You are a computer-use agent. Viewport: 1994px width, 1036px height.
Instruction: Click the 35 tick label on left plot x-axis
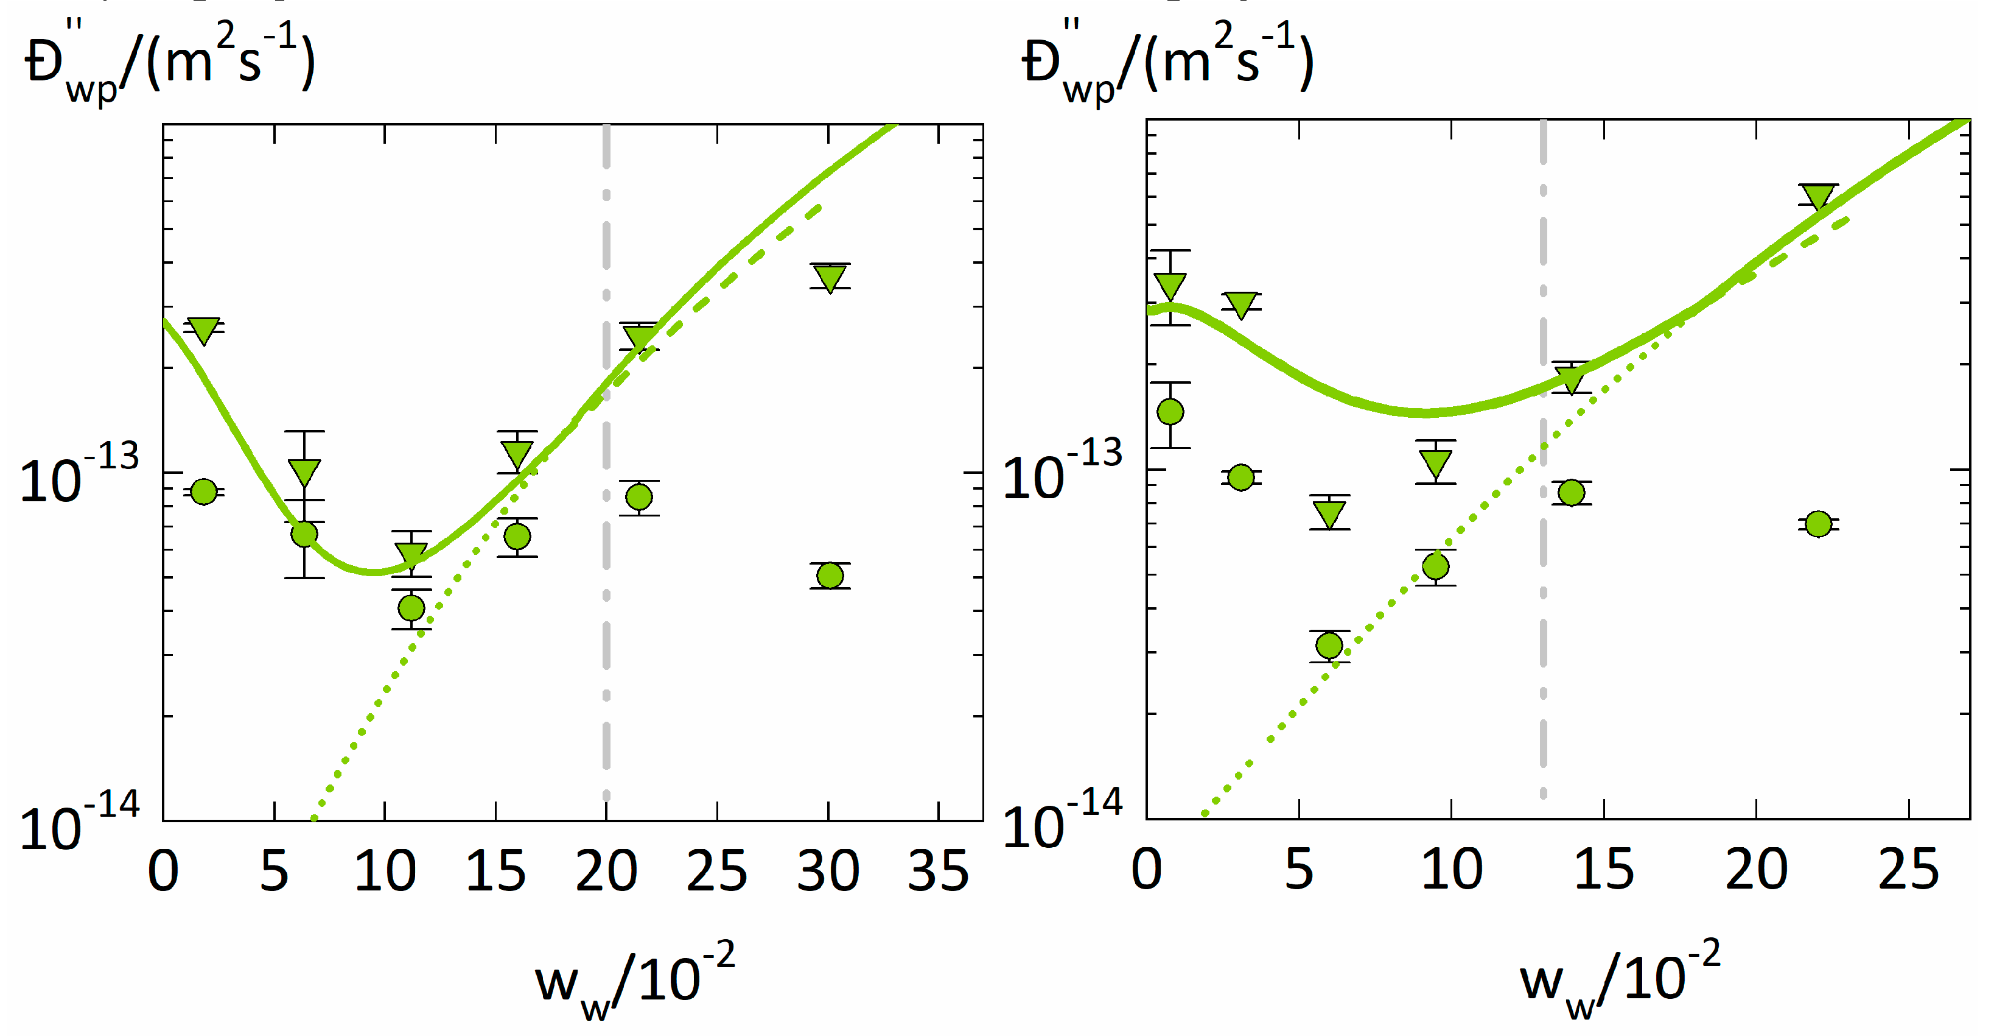938,871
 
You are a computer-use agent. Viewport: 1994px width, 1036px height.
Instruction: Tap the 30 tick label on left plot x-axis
827,871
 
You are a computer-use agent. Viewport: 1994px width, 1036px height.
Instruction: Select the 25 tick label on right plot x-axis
1908,870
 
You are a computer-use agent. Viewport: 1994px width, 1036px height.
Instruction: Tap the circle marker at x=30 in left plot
830,576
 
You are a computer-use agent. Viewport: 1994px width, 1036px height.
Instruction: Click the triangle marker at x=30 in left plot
830,278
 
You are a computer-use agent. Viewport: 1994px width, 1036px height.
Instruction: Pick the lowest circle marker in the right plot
1329,645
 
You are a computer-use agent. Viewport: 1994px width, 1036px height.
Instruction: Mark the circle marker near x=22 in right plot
1818,524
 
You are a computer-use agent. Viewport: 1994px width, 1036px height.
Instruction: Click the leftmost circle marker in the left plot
203,491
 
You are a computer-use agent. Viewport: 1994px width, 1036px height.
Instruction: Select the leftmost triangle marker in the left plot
203,331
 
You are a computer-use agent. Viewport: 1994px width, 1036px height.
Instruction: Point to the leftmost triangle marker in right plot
1170,286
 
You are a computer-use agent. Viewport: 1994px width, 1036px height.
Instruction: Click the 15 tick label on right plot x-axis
1603,870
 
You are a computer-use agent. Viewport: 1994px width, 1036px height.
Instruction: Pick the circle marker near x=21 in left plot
638,496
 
